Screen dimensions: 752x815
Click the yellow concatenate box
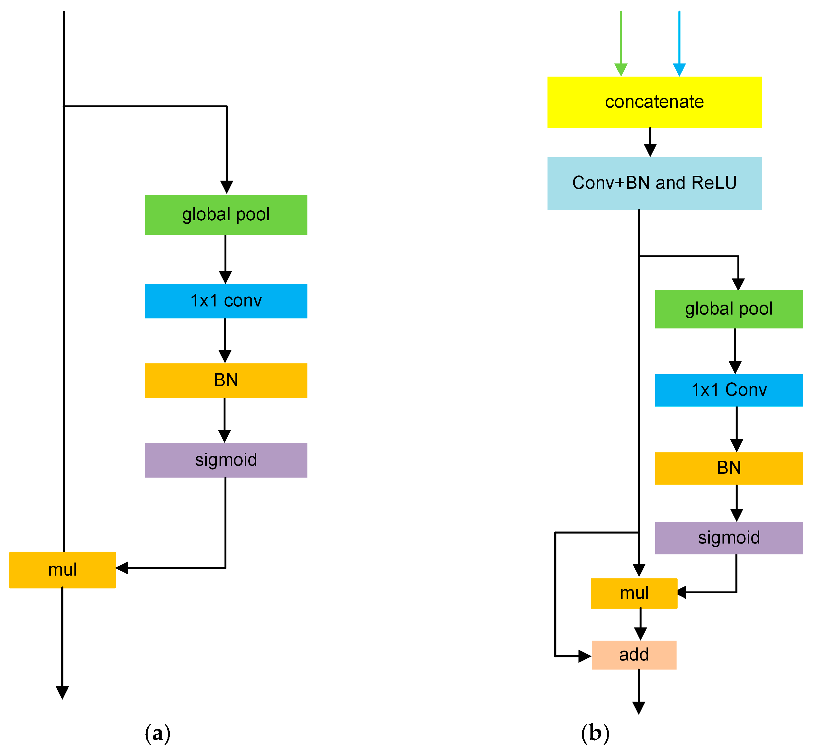pyautogui.click(x=654, y=102)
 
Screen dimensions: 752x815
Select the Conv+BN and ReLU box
pyautogui.click(x=654, y=183)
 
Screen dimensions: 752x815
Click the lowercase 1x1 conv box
pyautogui.click(x=226, y=301)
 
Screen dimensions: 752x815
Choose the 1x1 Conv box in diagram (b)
pyautogui.click(x=729, y=390)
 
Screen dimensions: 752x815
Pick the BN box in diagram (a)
pyautogui.click(x=226, y=380)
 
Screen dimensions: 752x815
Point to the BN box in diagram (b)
pyautogui.click(x=729, y=468)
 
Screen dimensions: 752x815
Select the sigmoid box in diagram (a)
pyautogui.click(x=226, y=460)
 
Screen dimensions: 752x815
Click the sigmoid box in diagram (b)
pyautogui.click(x=729, y=538)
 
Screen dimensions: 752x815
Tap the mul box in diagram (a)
pyautogui.click(x=62, y=570)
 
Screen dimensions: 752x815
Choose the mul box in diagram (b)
pyautogui.click(x=634, y=593)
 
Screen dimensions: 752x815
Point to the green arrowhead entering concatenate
pyautogui.click(x=621, y=70)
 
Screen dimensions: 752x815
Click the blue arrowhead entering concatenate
pyautogui.click(x=679, y=70)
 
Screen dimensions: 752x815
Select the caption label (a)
pyautogui.click(x=157, y=733)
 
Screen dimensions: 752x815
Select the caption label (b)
pyautogui.click(x=595, y=733)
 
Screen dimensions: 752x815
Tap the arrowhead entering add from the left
pyautogui.click(x=585, y=656)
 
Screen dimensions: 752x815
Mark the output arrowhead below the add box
pyautogui.click(x=639, y=708)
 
